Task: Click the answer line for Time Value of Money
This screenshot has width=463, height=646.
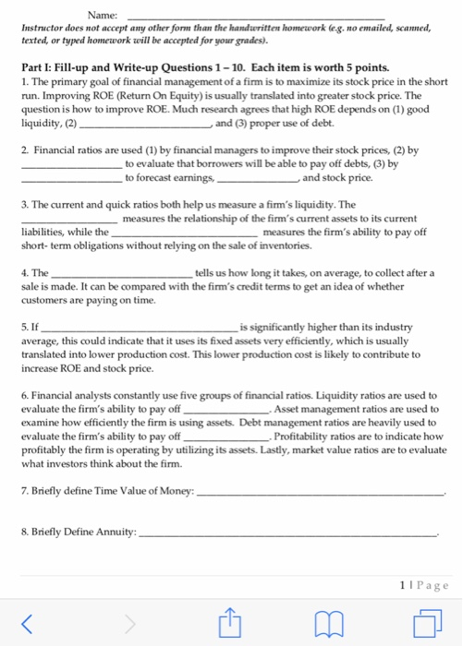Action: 323,494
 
